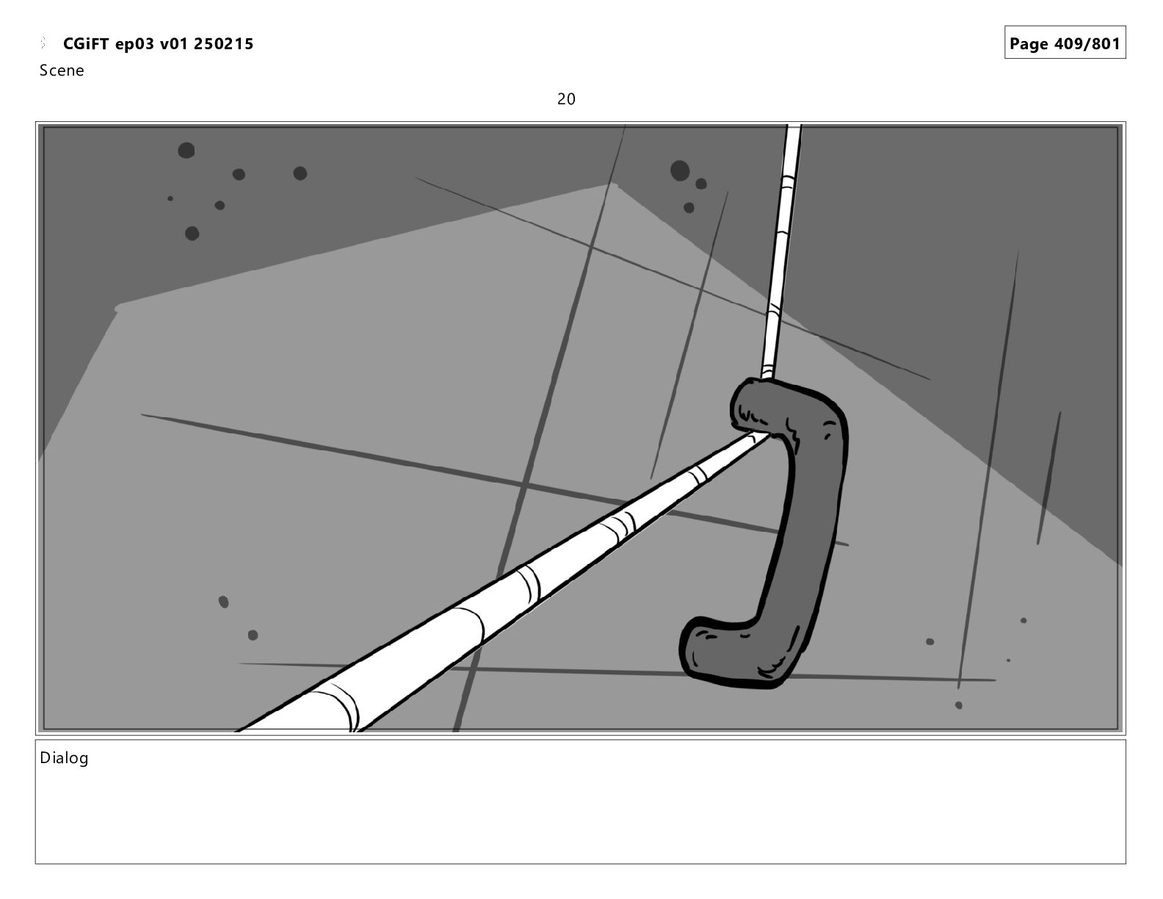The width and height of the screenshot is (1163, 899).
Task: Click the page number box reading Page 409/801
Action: (1065, 43)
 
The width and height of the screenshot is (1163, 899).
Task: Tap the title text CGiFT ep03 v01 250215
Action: (158, 44)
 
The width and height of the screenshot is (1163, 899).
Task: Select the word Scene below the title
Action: (62, 71)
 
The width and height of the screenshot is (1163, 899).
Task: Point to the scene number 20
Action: (566, 99)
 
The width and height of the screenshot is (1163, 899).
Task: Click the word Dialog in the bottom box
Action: (64, 758)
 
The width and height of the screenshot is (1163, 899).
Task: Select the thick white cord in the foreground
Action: (508, 578)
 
